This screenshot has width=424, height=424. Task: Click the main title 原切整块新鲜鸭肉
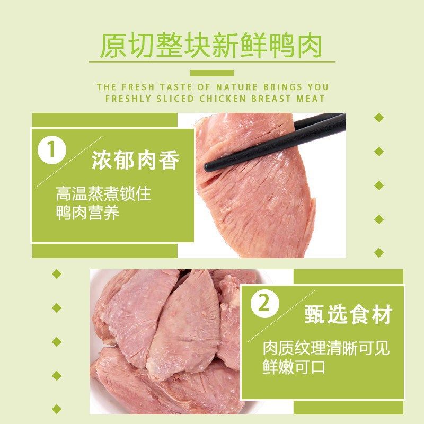click(211, 46)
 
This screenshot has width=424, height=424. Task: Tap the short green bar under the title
click(211, 73)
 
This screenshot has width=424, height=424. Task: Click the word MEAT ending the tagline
click(312, 99)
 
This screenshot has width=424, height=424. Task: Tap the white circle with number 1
click(51, 151)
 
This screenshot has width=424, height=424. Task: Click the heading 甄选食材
click(348, 315)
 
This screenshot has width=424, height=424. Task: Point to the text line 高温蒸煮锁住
click(103, 193)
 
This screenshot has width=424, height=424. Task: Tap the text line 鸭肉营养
click(87, 213)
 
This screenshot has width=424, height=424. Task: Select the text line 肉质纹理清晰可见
click(326, 348)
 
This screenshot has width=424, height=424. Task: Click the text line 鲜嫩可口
click(294, 367)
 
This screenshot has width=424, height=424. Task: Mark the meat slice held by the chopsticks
click(254, 196)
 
